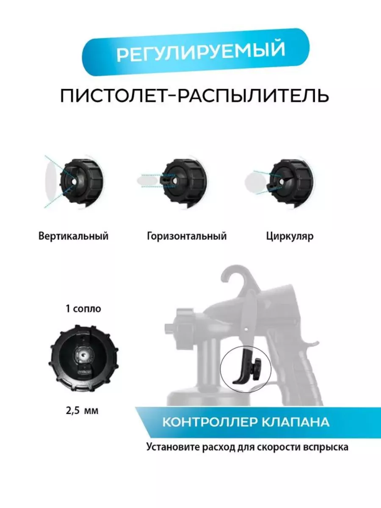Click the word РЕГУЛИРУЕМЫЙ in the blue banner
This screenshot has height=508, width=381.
[x=201, y=51]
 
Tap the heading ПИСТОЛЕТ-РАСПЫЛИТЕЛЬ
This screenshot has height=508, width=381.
[x=195, y=96]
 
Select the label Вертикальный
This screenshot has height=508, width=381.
[x=73, y=237]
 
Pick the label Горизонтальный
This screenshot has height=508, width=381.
[x=187, y=237]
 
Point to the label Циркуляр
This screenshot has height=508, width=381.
[x=290, y=237]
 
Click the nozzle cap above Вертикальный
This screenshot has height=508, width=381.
[x=81, y=182]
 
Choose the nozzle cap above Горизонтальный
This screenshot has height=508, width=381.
[x=184, y=182]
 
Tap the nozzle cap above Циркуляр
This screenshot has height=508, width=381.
[x=291, y=182]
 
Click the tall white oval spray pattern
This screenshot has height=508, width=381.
[x=50, y=182]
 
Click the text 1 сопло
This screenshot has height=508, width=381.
[x=83, y=309]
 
